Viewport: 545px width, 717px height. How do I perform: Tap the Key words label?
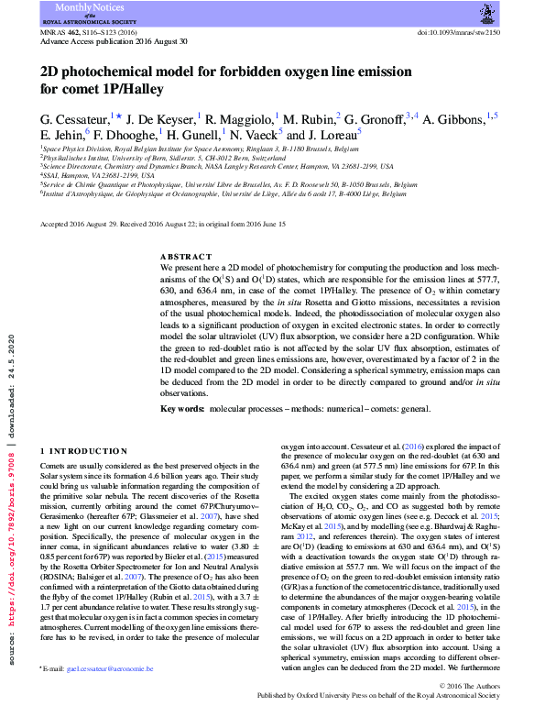pos(182,407)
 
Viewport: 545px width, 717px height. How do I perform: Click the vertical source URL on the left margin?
pos(10,477)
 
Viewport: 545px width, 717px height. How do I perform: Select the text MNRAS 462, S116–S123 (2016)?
pos(89,30)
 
